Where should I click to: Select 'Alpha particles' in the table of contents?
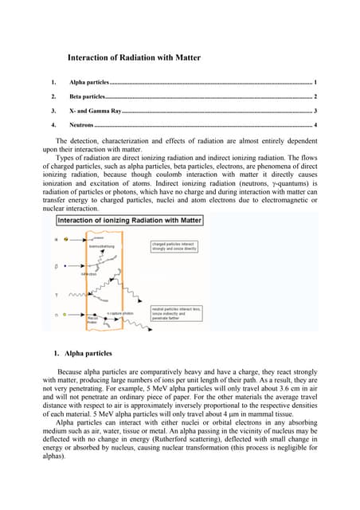pyautogui.click(x=88, y=83)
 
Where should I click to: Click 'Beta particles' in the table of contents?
pyautogui.click(x=87, y=96)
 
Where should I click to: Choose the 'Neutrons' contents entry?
pyautogui.click(x=81, y=125)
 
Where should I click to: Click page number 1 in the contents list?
pyautogui.click(x=315, y=83)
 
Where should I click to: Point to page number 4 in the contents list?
pyautogui.click(x=315, y=125)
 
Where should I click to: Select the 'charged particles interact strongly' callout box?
pyautogui.click(x=174, y=245)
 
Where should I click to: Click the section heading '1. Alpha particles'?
pyautogui.click(x=83, y=353)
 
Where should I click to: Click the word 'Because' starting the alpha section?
pyautogui.click(x=71, y=372)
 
